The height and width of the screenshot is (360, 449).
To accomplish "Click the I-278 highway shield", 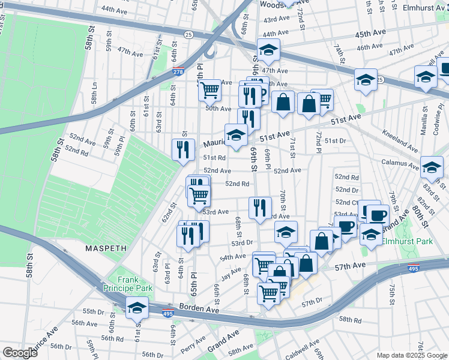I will tap(178, 72).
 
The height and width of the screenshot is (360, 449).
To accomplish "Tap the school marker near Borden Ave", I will tap(137, 308).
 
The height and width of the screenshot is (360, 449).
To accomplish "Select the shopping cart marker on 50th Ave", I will tap(210, 90).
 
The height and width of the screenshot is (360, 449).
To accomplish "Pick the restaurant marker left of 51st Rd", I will tap(184, 149).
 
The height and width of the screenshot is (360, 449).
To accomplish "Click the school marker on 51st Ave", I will tap(236, 135).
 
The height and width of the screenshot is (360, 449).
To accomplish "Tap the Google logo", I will tap(20, 353).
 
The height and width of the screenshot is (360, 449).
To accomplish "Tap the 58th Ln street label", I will tap(94, 93).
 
